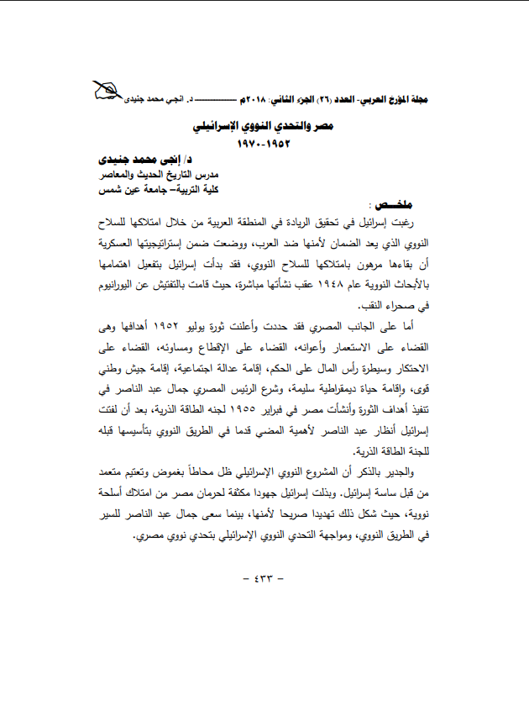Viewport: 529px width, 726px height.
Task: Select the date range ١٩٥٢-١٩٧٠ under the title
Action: (264, 144)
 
